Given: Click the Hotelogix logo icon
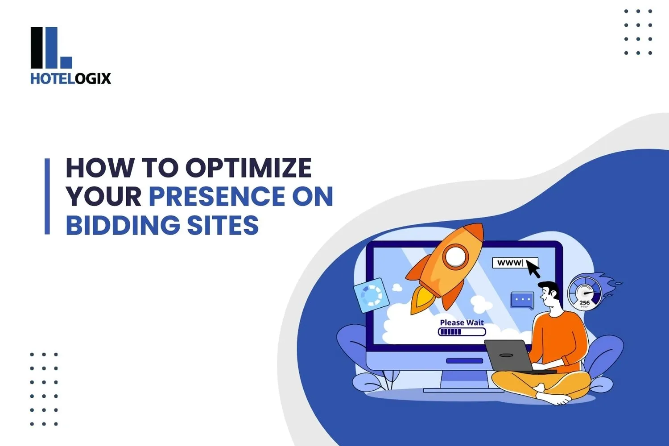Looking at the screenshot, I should [x=51, y=48].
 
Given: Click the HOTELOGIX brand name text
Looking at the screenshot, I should [x=70, y=79].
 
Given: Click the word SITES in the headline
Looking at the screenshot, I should [x=223, y=225].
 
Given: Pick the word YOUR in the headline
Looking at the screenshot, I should [x=103, y=197].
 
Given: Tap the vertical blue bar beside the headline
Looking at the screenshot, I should [x=47, y=196].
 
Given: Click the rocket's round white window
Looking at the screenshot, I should [x=455, y=256].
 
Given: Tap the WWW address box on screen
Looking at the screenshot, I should [x=509, y=263].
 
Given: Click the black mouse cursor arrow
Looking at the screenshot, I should [x=533, y=268].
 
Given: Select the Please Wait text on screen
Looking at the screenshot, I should [x=462, y=322].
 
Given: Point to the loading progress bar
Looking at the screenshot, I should [x=462, y=332].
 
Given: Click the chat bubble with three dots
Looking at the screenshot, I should [x=522, y=300].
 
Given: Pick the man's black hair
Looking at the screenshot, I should [x=551, y=288].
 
